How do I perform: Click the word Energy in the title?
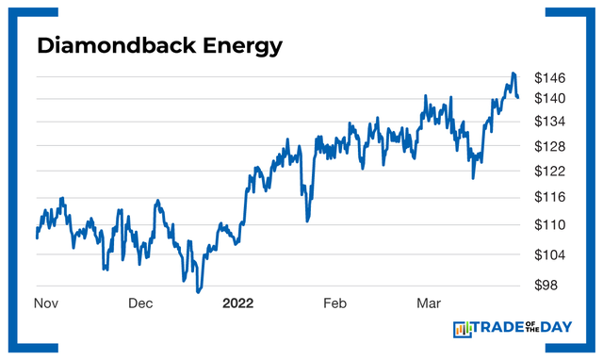point(231,44)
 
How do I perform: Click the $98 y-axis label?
point(550,286)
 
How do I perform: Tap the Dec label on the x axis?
point(140,303)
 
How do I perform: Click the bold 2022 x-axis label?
point(238,303)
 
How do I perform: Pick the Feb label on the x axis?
point(335,303)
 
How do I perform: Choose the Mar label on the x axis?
point(431,303)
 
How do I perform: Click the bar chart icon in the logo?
point(463,329)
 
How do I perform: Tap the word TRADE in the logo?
point(499,329)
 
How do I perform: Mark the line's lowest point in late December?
point(198,291)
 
